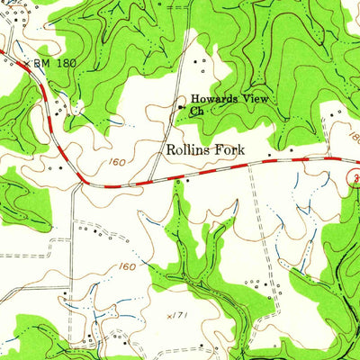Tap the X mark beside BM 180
click(28, 64)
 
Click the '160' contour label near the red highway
click(138, 164)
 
